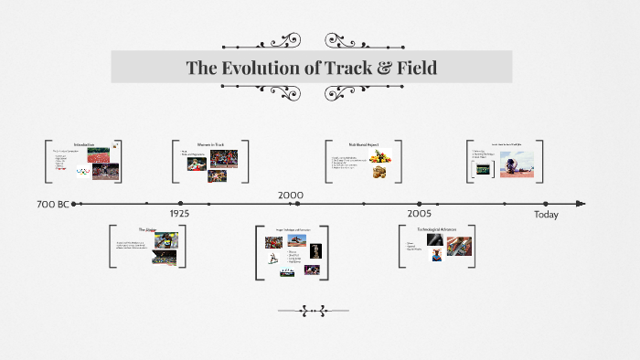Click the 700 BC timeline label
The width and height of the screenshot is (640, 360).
[53, 204]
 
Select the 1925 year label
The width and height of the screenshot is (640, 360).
[179, 214]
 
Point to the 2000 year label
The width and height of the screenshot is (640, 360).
[291, 195]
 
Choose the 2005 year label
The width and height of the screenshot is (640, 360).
[419, 214]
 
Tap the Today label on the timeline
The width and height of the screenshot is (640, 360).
[546, 215]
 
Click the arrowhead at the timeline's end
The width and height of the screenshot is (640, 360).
[582, 204]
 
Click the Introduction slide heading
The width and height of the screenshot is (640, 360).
[83, 144]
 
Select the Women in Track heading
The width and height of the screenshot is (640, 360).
[211, 144]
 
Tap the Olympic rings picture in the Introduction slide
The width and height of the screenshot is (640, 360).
[84, 170]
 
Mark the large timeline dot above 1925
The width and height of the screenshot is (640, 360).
[180, 204]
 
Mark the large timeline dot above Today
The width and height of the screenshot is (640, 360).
[546, 204]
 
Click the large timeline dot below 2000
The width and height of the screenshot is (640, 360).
[292, 204]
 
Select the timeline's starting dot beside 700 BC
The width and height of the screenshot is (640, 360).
[74, 204]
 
